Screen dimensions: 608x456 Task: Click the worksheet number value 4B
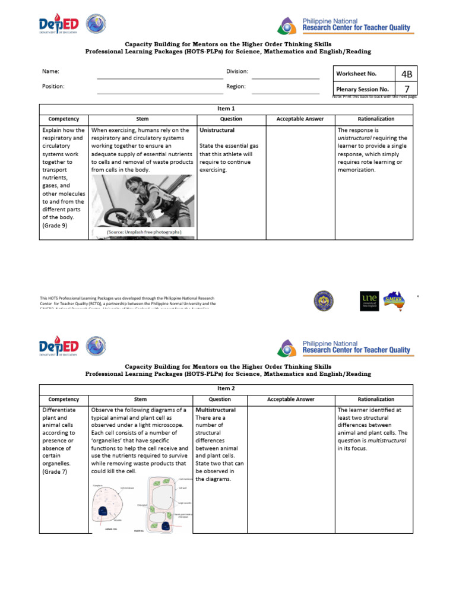tap(406, 74)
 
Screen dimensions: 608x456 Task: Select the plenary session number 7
tap(406, 89)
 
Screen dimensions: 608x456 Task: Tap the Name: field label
tap(50, 71)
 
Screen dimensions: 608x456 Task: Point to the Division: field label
tap(237, 71)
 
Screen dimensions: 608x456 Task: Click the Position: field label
tap(53, 86)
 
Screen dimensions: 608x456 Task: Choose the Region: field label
tap(235, 86)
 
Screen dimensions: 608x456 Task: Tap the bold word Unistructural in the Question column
tap(217, 130)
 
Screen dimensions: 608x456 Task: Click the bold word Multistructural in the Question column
tap(216, 410)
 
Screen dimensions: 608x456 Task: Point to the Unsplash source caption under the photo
tap(144, 232)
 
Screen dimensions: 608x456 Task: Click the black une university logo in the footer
tap(369, 300)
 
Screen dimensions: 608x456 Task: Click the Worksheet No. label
tap(356, 74)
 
